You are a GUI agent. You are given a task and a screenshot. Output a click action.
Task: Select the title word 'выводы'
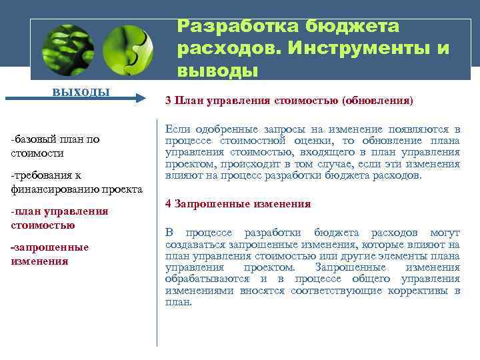click(217, 70)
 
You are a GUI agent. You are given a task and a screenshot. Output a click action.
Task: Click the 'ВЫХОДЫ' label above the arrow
click(82, 91)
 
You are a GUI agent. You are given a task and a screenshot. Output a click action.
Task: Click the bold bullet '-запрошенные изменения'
click(50, 254)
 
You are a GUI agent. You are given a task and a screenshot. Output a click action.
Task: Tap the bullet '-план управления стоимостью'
click(59, 218)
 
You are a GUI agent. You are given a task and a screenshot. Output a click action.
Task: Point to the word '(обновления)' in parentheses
click(377, 101)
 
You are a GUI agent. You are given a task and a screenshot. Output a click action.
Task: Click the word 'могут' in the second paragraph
click(445, 233)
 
